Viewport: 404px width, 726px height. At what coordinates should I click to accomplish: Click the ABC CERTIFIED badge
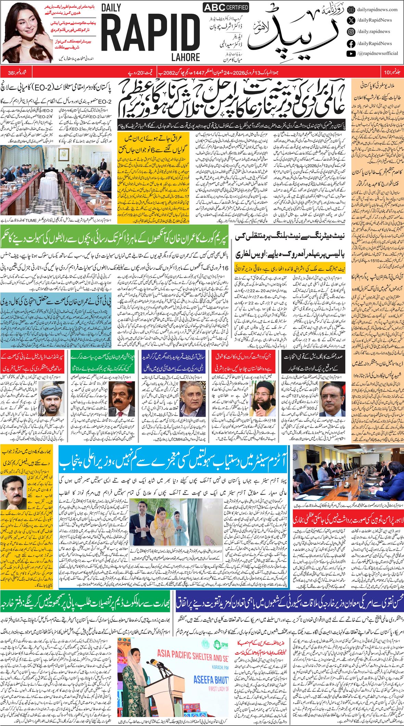pyautogui.click(x=226, y=8)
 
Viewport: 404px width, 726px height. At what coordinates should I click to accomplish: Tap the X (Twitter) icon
pyautogui.click(x=351, y=21)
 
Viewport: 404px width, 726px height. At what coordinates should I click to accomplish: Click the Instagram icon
pyautogui.click(x=351, y=32)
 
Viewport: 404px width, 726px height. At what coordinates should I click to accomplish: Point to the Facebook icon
pyautogui.click(x=351, y=43)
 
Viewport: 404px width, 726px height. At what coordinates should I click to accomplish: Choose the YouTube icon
pyautogui.click(x=351, y=53)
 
